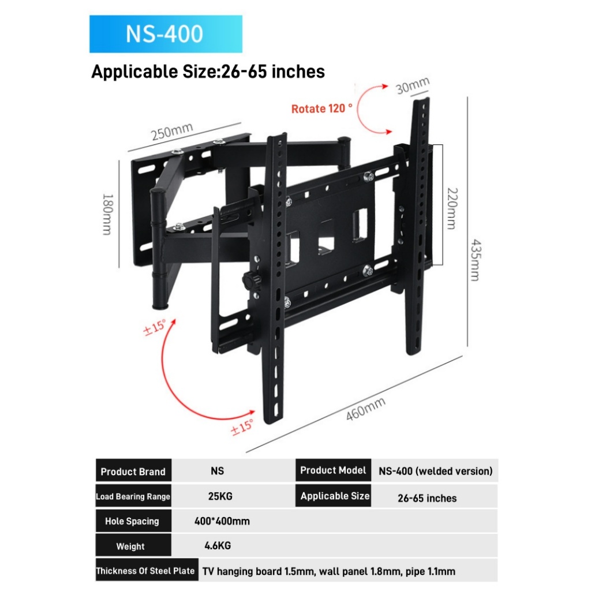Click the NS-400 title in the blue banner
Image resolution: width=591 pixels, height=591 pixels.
[x=164, y=33]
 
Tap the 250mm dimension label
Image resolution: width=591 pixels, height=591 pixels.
[x=172, y=131]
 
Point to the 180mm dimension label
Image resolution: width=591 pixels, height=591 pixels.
[x=107, y=215]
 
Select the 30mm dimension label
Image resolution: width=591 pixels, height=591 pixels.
[x=412, y=85]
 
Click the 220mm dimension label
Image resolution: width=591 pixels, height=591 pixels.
[x=452, y=208]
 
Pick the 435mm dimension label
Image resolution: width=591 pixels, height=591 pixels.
[x=476, y=260]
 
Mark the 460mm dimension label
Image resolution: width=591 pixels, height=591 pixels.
[x=365, y=409]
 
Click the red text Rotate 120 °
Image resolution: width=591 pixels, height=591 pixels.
[x=321, y=109]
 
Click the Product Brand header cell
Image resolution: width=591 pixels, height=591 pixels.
[x=133, y=471]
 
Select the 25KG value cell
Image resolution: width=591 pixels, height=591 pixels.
[x=220, y=496]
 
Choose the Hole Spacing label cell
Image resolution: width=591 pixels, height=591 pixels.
[x=133, y=521]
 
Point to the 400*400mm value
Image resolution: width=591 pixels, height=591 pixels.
[x=222, y=521]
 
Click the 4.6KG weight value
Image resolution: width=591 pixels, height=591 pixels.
[x=218, y=545]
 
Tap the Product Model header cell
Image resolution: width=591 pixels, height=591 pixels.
[x=333, y=470]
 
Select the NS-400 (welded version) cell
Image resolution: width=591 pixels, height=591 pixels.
[x=435, y=471]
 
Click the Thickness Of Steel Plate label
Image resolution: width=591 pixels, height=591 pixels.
[x=147, y=571]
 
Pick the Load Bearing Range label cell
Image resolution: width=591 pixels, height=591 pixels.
[x=133, y=496]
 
